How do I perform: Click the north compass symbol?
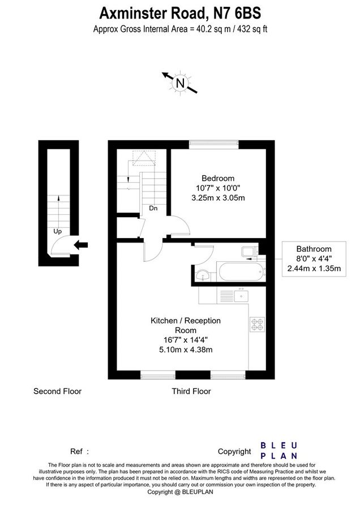coord(181,83)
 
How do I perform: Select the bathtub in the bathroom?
coord(241,272)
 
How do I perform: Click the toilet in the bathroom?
coord(249,252)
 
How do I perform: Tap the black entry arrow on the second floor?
coord(82,244)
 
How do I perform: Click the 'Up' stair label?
coord(57,231)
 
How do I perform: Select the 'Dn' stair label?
coord(153,208)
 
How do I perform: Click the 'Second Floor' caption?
coord(57,391)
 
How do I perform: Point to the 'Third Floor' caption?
coord(191,391)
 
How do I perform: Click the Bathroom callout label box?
coord(314,258)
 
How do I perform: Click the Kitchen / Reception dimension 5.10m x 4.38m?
coord(185,350)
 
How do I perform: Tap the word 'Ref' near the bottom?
coord(76,451)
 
